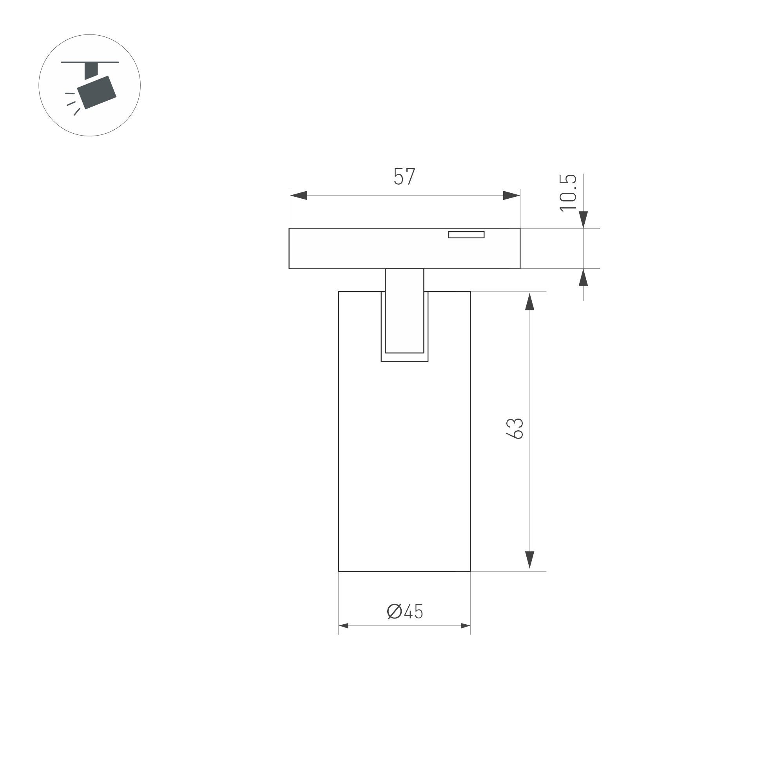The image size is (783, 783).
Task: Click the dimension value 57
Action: [404, 176]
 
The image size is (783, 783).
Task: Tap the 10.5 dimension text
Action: [568, 192]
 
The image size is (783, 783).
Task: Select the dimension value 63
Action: [515, 428]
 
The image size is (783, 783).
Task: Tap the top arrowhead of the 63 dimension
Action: [529, 301]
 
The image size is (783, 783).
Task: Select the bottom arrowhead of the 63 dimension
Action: [529, 560]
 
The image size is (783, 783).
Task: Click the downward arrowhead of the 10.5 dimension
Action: [583, 219]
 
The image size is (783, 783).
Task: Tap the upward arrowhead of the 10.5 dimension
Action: [583, 277]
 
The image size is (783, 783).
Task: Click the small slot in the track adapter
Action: [466, 235]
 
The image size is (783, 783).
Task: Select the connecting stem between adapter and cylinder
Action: [404, 310]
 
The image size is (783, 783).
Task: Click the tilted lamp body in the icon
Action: [97, 92]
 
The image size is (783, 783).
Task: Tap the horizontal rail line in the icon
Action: [90, 62]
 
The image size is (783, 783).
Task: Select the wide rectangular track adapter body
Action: [365, 248]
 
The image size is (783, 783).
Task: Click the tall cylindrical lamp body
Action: [404, 466]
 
